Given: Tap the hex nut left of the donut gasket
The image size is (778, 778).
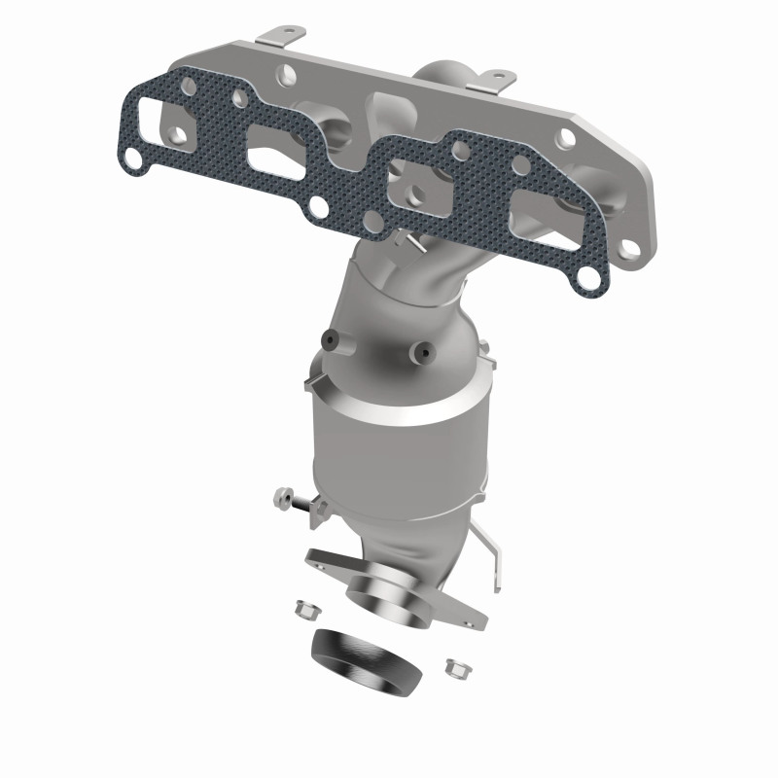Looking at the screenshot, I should pos(303,610).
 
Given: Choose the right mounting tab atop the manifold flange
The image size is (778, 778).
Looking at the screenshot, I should pos(497,75).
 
